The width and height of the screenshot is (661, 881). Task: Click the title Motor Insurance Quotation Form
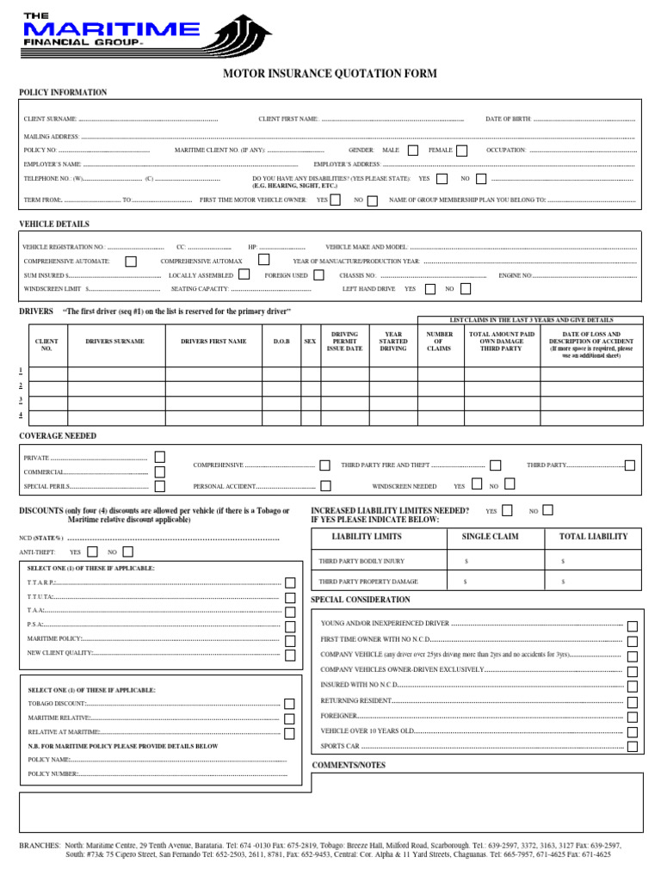pyautogui.click(x=330, y=74)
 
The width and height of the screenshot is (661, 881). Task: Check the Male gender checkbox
pyautogui.click(x=413, y=151)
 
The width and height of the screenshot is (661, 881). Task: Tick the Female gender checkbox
pyautogui.click(x=462, y=151)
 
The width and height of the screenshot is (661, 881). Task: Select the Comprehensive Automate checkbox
pyautogui.click(x=131, y=261)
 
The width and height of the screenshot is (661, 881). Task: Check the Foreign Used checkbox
pyautogui.click(x=319, y=275)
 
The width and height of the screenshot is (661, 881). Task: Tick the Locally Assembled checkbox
pyautogui.click(x=244, y=275)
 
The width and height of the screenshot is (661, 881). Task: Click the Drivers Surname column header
pyautogui.click(x=114, y=342)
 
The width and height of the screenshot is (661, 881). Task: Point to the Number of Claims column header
pyautogui.click(x=440, y=342)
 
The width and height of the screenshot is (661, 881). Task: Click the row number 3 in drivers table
pyautogui.click(x=22, y=401)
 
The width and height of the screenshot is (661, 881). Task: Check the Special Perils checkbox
pyautogui.click(x=160, y=487)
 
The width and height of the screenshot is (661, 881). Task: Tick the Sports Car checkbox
pyautogui.click(x=633, y=747)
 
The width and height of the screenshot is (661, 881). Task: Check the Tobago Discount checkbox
pyautogui.click(x=289, y=704)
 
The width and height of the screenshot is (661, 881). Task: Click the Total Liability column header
pyautogui.click(x=593, y=537)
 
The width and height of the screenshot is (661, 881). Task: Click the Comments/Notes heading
pyautogui.click(x=349, y=765)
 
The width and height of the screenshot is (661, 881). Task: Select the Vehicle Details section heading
pyautogui.click(x=54, y=224)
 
